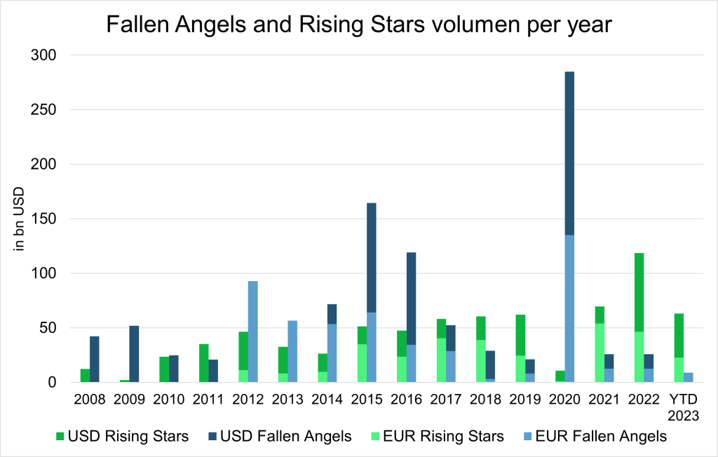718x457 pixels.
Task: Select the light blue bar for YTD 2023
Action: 689,377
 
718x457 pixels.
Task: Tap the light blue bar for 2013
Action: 292,351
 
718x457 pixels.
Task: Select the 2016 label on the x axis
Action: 406,400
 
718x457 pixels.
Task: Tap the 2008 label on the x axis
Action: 89,400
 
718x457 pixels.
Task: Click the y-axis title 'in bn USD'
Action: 20,219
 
